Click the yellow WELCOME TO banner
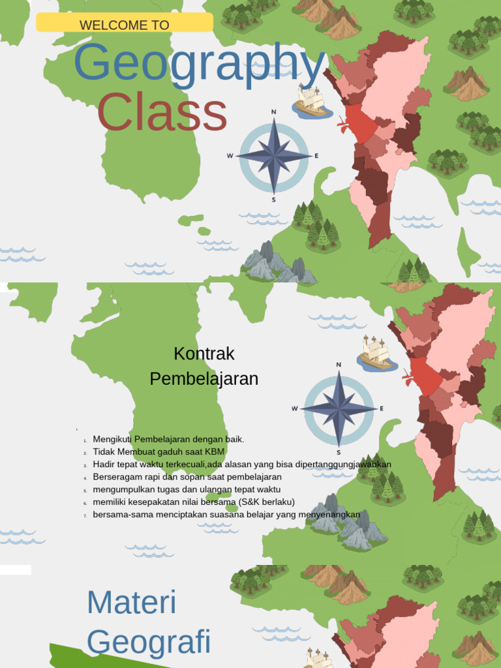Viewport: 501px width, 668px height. click(125, 23)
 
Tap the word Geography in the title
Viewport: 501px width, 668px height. click(199, 63)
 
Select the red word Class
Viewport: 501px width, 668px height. click(162, 113)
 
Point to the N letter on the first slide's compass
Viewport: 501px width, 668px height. click(273, 112)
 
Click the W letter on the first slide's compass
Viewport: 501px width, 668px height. click(230, 156)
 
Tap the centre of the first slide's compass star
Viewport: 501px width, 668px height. click(273, 156)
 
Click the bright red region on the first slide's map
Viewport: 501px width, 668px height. click(357, 123)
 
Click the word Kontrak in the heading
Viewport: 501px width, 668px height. click(204, 354)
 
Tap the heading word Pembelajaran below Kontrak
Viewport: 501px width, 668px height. click(204, 378)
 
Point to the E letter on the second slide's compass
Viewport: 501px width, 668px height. click(382, 408)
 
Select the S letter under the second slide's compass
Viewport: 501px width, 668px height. click(339, 452)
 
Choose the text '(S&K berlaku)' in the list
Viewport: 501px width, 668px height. click(266, 502)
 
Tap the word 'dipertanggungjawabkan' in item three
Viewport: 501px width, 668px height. click(344, 464)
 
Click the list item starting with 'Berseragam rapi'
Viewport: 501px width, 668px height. click(187, 477)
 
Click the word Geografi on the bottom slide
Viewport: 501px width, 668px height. click(149, 642)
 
